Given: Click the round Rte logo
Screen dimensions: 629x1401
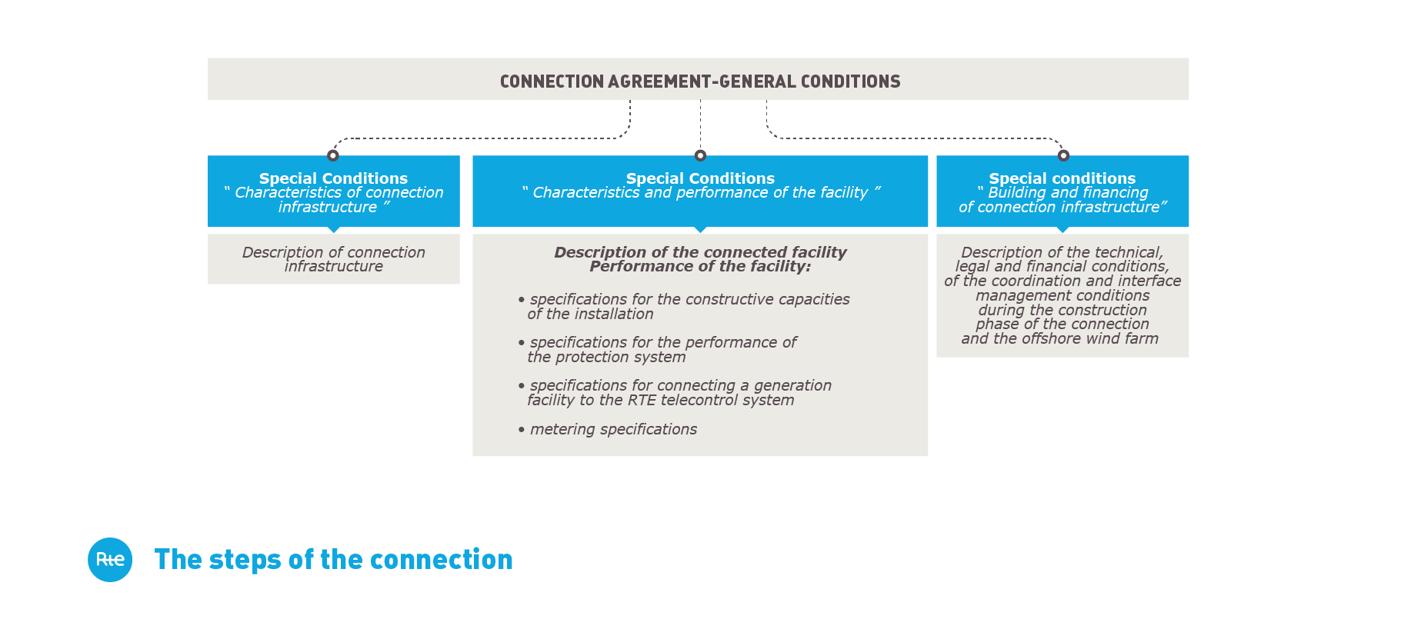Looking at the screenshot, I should (110, 560).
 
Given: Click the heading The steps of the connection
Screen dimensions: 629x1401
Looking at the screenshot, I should (333, 560).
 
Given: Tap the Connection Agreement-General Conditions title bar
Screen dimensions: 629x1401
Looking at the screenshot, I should (698, 79).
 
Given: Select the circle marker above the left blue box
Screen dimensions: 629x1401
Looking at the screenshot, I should (333, 155).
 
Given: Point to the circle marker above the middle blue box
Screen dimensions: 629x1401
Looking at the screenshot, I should (700, 155).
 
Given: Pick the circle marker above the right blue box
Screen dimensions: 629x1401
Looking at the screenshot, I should (1063, 155).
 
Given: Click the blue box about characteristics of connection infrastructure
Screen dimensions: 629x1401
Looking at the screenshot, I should (333, 191).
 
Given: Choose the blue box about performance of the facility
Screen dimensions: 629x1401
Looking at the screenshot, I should (700, 191).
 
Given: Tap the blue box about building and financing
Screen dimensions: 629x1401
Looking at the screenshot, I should (1062, 191).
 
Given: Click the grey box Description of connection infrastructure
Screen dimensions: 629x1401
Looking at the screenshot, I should (333, 259).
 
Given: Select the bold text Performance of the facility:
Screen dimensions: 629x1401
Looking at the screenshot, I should (700, 267).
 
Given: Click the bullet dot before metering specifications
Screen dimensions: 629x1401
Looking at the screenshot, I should (522, 429).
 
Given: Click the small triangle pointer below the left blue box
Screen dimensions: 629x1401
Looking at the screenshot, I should (333, 229).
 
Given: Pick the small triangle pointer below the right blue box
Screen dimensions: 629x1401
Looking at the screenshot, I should (1062, 229).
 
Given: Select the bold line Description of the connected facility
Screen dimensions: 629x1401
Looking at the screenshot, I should (700, 252).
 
